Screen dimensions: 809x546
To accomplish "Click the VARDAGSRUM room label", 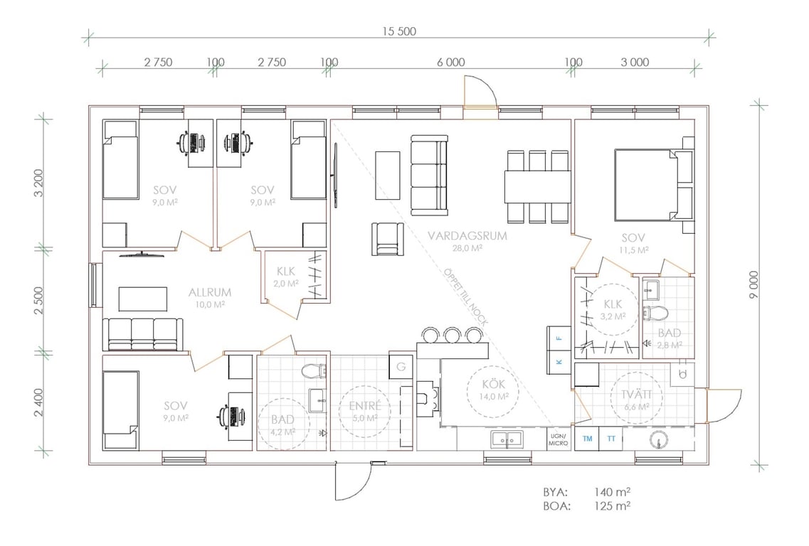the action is tap(467, 236).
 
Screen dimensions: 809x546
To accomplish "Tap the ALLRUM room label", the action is tap(209, 292).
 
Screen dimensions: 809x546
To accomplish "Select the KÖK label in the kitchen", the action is tap(494, 384).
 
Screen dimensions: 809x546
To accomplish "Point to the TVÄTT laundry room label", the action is tap(636, 395).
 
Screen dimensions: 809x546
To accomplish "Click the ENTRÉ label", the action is tap(365, 406).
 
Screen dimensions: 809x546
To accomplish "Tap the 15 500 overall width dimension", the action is tap(399, 31).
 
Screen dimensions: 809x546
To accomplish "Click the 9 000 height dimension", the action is tap(754, 284).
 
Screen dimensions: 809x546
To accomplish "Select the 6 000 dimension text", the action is tap(451, 63).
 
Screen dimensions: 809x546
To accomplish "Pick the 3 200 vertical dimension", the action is tap(39, 183).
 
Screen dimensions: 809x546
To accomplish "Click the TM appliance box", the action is tap(587, 439).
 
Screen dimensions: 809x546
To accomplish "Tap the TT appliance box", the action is tap(611, 439).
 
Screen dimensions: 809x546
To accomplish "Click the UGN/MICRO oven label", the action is tap(559, 440).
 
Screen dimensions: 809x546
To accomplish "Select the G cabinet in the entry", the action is tap(401, 367).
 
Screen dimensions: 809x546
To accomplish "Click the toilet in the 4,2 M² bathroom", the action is tap(314, 370).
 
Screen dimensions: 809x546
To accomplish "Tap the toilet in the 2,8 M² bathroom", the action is tap(655, 312).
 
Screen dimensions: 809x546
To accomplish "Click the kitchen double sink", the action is tap(506, 439).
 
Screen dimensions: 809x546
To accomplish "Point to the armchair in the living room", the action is tap(388, 239).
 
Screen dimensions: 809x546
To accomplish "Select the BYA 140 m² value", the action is tap(612, 492).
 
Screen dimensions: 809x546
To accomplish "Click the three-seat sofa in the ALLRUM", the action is tap(143, 335).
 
